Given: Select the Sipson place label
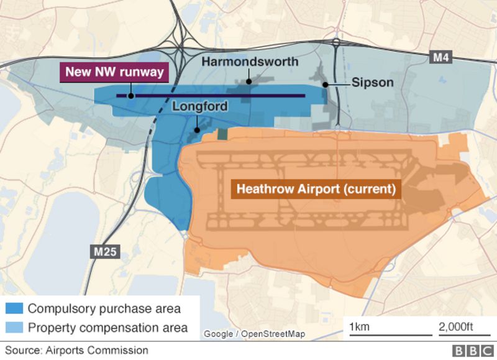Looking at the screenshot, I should (372, 83).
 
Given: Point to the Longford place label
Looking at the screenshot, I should (199, 106).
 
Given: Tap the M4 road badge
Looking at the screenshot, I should (440, 58).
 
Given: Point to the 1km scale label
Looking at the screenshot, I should (359, 327).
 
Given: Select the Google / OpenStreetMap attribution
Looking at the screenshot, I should (254, 334).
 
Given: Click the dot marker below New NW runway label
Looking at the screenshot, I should (130, 96).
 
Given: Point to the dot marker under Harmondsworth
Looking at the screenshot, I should (248, 81).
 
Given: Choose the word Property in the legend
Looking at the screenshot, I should (50, 327).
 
